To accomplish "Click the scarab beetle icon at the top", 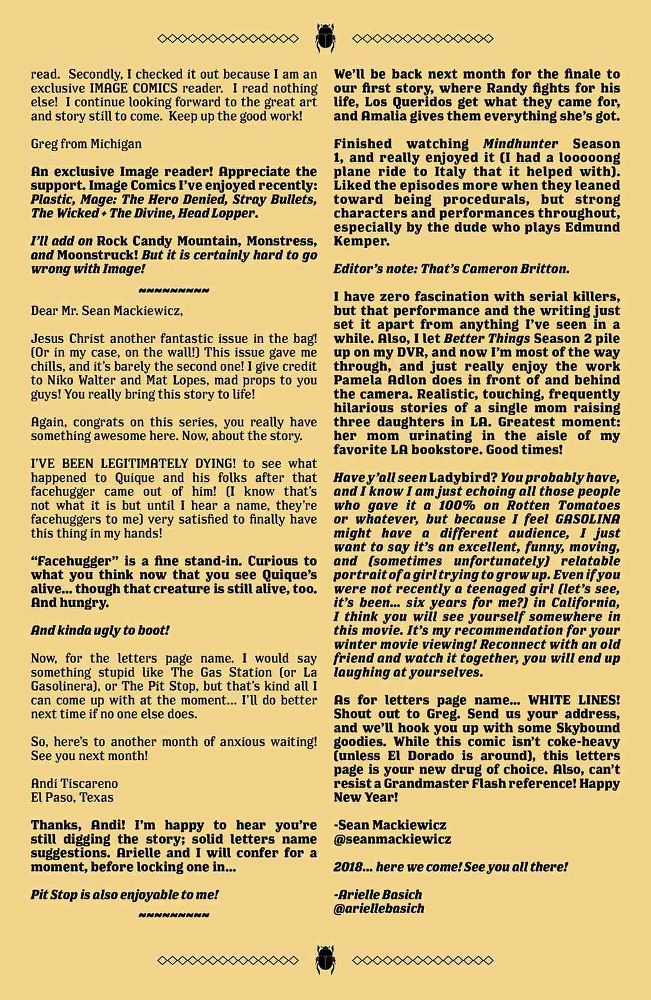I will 325,37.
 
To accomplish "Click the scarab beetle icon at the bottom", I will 325,959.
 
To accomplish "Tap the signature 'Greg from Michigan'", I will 86,144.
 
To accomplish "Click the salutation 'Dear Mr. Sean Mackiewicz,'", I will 107,311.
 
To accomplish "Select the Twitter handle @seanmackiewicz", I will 392,839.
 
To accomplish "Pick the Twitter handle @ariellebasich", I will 379,909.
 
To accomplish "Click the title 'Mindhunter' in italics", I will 520,144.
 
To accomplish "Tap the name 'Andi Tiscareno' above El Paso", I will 74,784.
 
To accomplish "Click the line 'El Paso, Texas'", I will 73,797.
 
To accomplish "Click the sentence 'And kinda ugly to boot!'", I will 100,631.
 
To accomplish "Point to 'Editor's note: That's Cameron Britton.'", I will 452,269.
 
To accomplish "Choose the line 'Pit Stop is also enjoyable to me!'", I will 124,895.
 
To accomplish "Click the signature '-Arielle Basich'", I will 378,895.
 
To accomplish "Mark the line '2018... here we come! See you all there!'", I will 450,867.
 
